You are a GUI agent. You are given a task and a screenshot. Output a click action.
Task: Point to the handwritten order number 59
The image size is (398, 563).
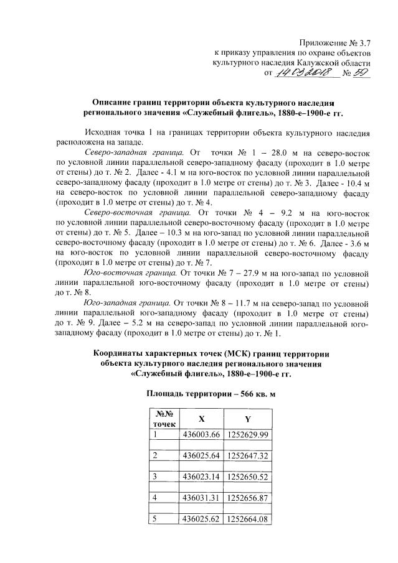coord(361,73)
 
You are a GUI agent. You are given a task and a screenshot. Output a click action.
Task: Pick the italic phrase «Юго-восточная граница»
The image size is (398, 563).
coord(130,272)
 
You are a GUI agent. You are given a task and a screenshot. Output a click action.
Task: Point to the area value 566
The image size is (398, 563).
coord(236,394)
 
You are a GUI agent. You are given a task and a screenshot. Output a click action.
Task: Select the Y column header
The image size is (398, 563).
coord(247,418)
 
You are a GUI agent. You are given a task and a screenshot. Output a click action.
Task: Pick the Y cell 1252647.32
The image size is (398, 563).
coord(247,455)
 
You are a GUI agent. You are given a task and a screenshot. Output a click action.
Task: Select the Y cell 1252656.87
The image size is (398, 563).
coord(247,498)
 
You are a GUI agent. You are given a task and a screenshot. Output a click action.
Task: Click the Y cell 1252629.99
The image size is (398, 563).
coord(247,434)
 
